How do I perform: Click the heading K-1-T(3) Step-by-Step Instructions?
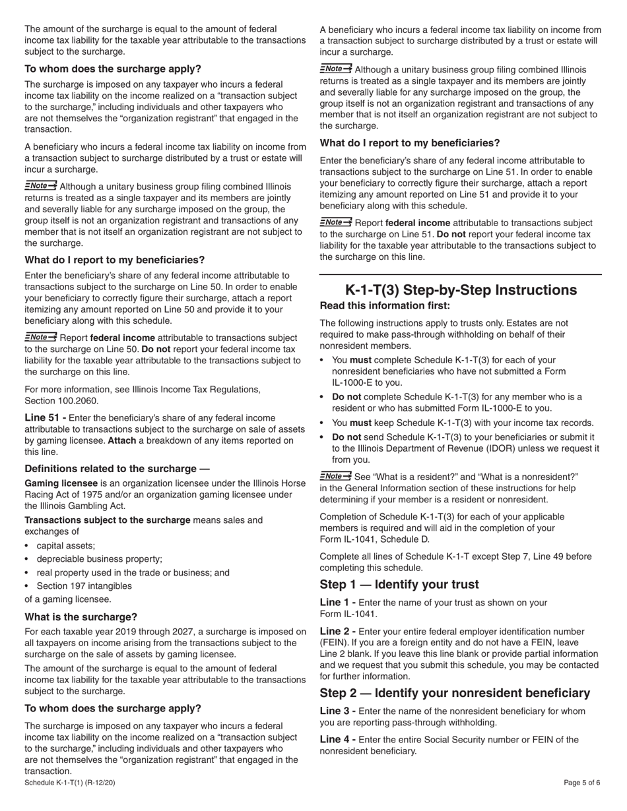click(x=461, y=290)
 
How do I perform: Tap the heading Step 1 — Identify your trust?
click(x=399, y=585)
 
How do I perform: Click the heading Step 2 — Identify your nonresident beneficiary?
click(x=455, y=693)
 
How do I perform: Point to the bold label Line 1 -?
click(x=338, y=603)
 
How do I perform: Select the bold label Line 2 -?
click(x=338, y=632)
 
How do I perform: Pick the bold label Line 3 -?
click(x=338, y=711)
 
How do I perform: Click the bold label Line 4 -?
click(x=338, y=740)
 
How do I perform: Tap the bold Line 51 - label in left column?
click(x=46, y=418)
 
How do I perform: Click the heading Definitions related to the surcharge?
click(x=117, y=469)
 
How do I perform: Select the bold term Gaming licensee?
click(x=61, y=483)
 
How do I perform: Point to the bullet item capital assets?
click(x=66, y=545)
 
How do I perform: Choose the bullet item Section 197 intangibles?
click(x=84, y=586)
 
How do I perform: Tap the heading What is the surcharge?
click(x=81, y=617)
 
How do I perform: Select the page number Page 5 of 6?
click(x=582, y=783)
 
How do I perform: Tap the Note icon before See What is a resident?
click(x=335, y=476)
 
